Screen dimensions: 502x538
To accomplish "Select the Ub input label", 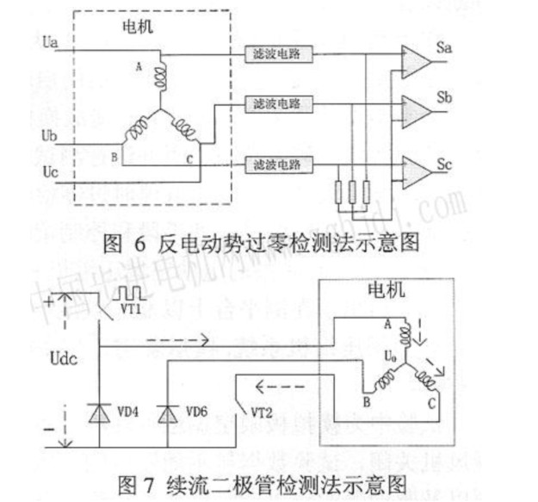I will tap(50, 135).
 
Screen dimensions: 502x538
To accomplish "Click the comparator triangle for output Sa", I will tap(417, 59).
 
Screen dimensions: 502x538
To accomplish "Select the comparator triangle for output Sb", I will tap(417, 108).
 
